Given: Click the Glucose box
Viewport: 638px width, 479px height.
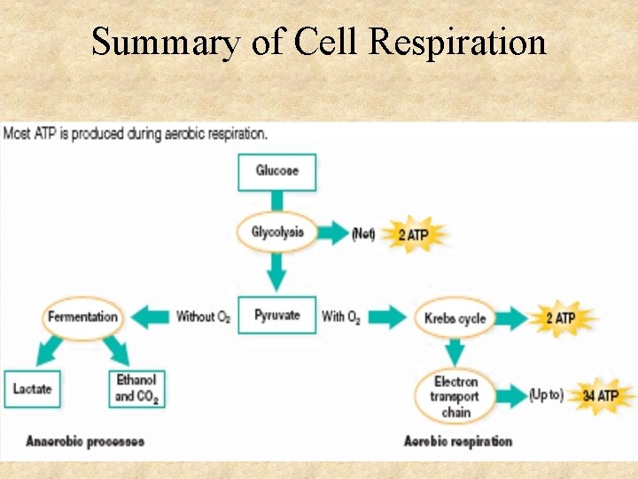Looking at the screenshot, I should click(276, 171).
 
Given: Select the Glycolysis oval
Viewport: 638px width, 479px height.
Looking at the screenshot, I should click(276, 233).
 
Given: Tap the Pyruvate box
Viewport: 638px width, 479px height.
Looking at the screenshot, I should click(276, 315).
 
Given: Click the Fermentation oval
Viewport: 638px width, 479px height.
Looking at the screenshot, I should click(82, 317).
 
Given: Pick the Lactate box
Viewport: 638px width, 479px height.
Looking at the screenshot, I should click(33, 389).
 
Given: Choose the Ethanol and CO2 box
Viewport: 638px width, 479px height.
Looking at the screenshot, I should click(136, 389).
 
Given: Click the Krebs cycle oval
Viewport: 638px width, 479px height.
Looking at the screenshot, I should click(455, 318).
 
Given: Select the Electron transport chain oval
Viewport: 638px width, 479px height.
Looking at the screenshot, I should click(455, 396).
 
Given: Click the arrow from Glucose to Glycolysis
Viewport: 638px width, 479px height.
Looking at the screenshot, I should click(276, 202).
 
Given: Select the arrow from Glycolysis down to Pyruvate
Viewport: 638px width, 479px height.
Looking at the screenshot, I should click(276, 271).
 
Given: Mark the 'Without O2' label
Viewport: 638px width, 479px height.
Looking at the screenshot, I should click(203, 317).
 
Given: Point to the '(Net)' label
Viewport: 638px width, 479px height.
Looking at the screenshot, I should click(363, 234).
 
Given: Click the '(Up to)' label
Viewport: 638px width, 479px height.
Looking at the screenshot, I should click(546, 396).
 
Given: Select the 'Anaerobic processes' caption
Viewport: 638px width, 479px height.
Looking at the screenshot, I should click(85, 441).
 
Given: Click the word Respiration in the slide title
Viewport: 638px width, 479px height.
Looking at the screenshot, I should click(458, 42).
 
